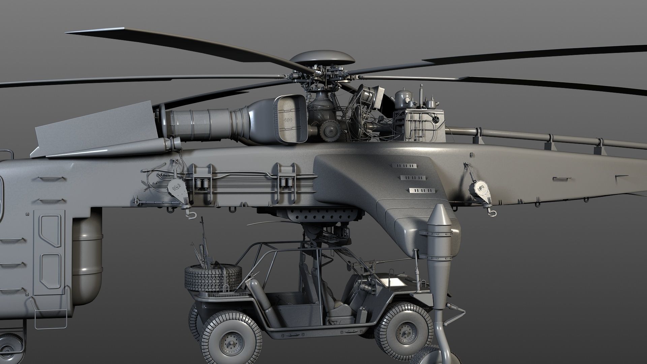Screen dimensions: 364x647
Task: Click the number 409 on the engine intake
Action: [x=288, y=120]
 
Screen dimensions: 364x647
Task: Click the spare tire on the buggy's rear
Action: [x=213, y=277]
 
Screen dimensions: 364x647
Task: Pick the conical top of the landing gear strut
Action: [x=440, y=216]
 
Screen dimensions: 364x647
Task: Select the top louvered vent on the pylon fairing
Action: [x=404, y=166]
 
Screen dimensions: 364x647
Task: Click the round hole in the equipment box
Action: [x=435, y=119]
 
